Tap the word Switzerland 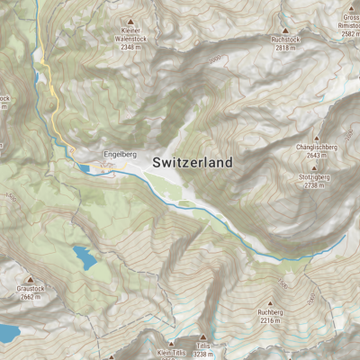pos(193,163)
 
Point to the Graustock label pos(30,289)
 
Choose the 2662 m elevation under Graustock pos(30,297)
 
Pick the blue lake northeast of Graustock pos(85,258)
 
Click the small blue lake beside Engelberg pos(84,167)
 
